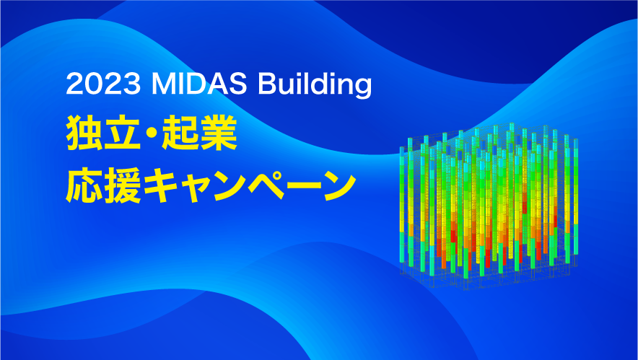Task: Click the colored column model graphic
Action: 489,206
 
